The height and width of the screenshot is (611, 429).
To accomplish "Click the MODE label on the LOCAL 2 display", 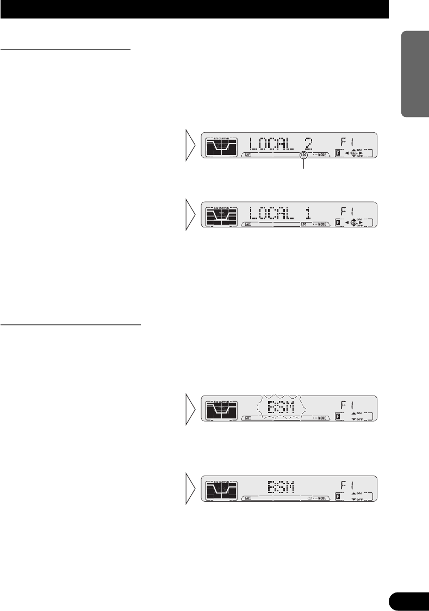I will coord(322,155).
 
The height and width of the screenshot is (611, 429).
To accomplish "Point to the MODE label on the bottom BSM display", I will coord(322,498).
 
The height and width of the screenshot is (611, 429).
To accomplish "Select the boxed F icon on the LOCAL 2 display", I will coord(338,154).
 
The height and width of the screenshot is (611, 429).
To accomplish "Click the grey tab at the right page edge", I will coord(415,76).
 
